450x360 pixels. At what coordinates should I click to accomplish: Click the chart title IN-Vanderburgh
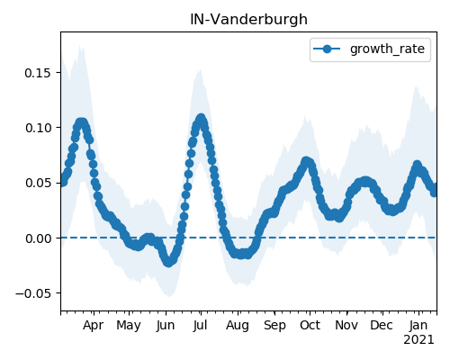(x=248, y=20)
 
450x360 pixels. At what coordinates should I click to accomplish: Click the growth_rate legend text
(x=387, y=49)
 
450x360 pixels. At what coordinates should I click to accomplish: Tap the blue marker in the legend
(x=327, y=49)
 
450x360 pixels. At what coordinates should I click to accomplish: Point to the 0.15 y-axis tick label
(x=38, y=73)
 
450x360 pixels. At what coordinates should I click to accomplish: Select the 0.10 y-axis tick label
(x=38, y=128)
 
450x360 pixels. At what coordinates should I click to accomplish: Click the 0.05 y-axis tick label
(x=38, y=183)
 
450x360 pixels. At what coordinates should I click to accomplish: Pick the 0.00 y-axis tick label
(x=38, y=238)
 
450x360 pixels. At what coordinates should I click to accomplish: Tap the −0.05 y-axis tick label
(x=33, y=293)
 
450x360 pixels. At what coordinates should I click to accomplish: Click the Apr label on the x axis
(x=94, y=326)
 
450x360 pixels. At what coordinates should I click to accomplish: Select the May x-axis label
(x=129, y=326)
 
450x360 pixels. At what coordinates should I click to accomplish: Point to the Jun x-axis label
(x=166, y=326)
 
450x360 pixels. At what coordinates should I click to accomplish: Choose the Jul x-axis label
(x=201, y=326)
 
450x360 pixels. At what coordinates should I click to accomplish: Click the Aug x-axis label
(x=238, y=326)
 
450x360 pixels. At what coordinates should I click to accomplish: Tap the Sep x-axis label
(x=274, y=326)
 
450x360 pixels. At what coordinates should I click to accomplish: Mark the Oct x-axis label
(x=310, y=326)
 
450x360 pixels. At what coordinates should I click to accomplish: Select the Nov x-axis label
(x=346, y=326)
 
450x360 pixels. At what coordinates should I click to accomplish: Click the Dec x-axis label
(x=382, y=326)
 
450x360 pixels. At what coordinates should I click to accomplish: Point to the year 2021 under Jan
(x=418, y=340)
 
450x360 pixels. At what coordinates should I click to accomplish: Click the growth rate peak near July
(x=201, y=118)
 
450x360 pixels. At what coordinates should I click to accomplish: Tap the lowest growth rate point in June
(x=169, y=263)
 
